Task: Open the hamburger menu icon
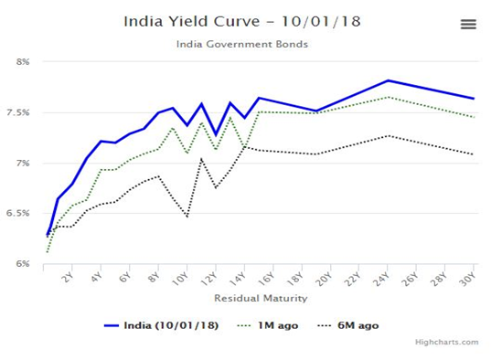[x=468, y=25]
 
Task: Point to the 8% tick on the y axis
[x=23, y=62]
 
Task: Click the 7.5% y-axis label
[x=20, y=112]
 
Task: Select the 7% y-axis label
[x=23, y=163]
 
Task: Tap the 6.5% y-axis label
[x=20, y=214]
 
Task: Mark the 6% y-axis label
[x=23, y=264]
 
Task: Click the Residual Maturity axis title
[x=260, y=298]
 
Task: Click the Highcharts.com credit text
[x=445, y=343]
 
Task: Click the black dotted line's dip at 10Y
[x=187, y=217]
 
